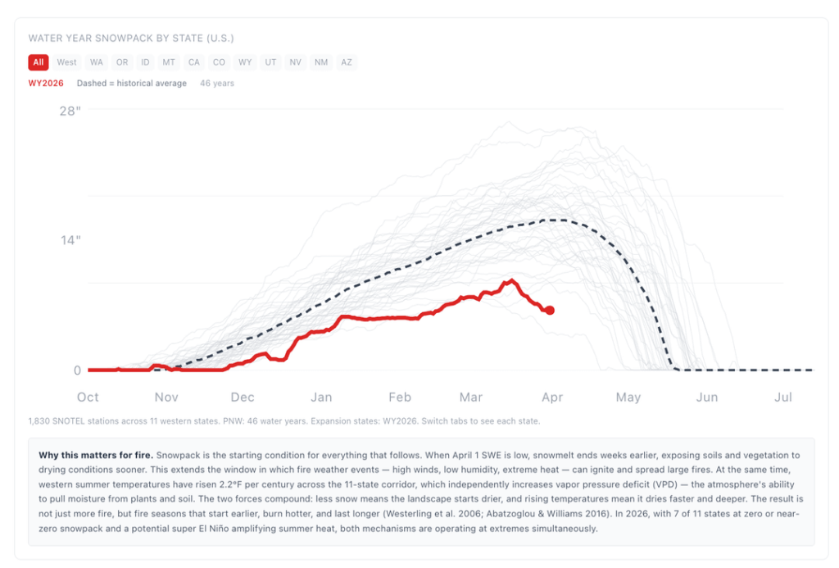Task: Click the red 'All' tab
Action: coord(39,62)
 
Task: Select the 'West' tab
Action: coord(67,62)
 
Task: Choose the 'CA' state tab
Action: coord(194,62)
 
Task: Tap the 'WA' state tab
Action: coord(97,62)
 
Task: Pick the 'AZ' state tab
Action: coord(347,62)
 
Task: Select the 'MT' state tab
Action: coord(169,62)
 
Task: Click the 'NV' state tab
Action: coord(296,62)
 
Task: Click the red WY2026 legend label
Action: coord(46,84)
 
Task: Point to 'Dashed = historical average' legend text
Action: coord(131,84)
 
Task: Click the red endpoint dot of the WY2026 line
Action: coord(550,310)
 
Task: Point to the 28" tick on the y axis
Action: coord(70,111)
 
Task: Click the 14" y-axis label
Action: coord(70,240)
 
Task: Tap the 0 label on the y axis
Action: coord(77,370)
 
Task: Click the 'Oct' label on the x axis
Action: coord(88,398)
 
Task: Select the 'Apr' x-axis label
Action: coord(552,398)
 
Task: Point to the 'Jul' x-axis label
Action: coord(782,398)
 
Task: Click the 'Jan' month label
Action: coord(320,398)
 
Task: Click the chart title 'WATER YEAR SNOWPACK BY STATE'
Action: coord(131,39)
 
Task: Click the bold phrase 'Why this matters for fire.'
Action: coord(96,454)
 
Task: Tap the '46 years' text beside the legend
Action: coord(217,84)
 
